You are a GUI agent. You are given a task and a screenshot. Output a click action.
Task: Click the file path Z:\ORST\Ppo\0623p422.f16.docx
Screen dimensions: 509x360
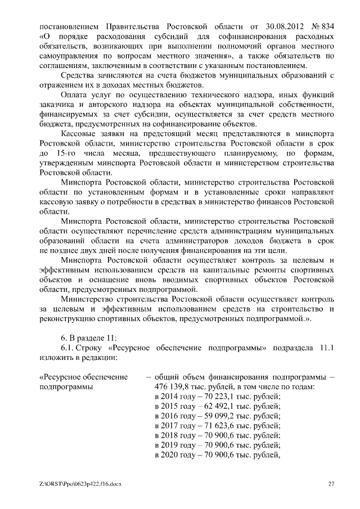tap(76, 484)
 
